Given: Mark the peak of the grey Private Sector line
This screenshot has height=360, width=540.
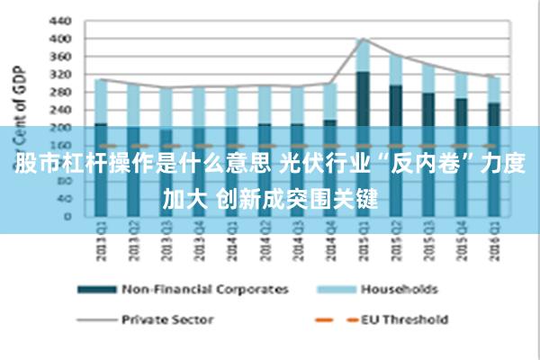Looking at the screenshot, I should tap(362, 39).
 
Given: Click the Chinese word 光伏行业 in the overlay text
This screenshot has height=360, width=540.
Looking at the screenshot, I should tap(322, 165).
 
